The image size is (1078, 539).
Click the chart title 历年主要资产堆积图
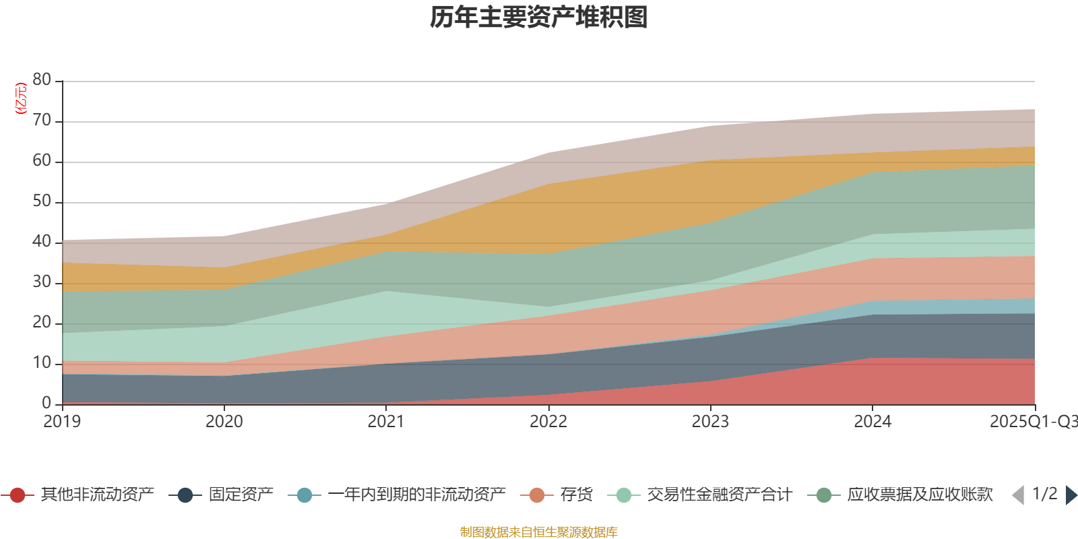(539, 18)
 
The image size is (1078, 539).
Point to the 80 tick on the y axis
(42, 80)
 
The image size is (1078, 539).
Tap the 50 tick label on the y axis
(42, 201)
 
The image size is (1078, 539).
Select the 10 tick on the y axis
(42, 362)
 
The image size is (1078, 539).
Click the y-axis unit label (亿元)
(21, 98)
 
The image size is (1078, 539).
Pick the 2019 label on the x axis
(62, 422)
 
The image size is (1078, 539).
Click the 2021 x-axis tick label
(386, 422)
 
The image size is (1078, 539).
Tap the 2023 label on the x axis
(710, 422)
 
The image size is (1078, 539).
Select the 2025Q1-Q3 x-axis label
(1033, 422)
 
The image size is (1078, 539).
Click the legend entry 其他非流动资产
(97, 495)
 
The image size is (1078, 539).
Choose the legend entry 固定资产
(241, 495)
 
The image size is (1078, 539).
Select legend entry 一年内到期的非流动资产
(416, 495)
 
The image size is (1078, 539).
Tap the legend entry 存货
(576, 495)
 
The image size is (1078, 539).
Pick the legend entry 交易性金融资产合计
(719, 495)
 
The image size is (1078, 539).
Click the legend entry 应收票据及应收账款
(920, 495)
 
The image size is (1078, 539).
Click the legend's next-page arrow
(1071, 495)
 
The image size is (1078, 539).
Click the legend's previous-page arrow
(1018, 495)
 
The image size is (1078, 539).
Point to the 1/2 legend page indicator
(1044, 494)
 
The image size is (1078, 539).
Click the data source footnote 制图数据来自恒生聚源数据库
(539, 532)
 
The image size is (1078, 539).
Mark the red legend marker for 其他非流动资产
(18, 495)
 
